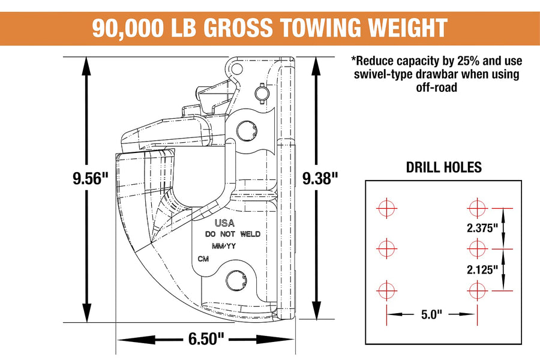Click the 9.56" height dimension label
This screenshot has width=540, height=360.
click(x=91, y=178)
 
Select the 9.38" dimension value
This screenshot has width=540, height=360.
click(x=320, y=178)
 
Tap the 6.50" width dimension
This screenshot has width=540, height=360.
click(x=206, y=338)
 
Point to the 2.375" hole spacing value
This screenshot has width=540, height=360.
click(x=482, y=228)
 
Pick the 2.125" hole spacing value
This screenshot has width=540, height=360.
click(x=482, y=269)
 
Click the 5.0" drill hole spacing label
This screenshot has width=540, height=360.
click(x=431, y=314)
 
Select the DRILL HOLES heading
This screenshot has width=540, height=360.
click(x=443, y=167)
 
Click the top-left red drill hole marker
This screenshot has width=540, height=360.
click(x=387, y=208)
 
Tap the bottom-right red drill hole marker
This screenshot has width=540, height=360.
click(x=478, y=290)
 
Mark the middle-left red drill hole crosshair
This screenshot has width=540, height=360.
click(x=387, y=248)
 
